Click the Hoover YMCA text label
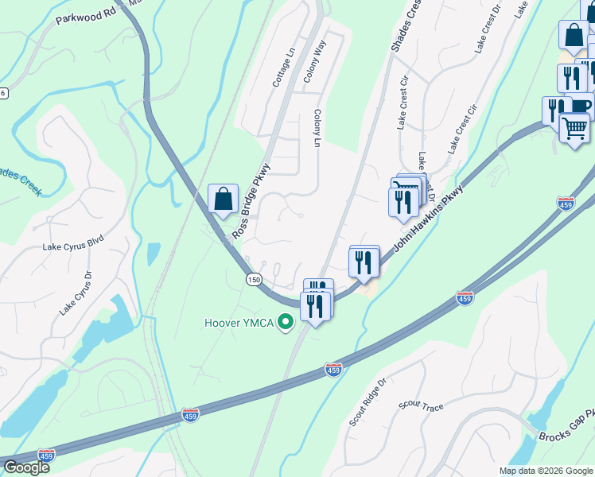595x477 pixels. coord(239,322)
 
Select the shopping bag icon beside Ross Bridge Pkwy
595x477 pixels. coord(224,199)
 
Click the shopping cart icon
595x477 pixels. coord(574,127)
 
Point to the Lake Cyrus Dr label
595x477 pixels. coord(76,292)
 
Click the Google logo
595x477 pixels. coord(26,467)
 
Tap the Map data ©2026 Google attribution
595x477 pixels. coord(545,471)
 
